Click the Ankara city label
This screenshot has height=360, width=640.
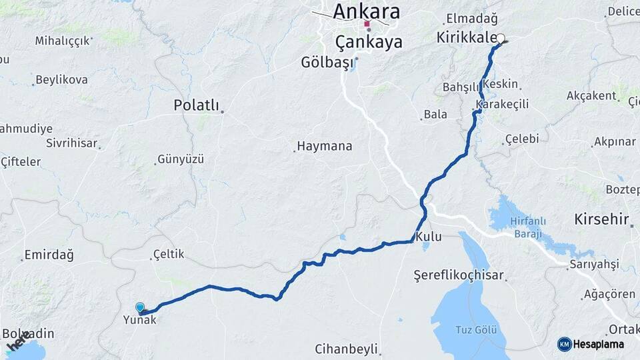366,11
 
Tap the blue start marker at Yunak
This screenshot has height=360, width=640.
140,307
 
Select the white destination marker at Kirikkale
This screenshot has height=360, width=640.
501,39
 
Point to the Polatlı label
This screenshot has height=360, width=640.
196,105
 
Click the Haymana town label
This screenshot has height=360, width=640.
325,145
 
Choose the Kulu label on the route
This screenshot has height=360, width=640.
428,237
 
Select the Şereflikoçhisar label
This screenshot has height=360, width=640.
459,275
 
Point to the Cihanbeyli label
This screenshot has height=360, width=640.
347,349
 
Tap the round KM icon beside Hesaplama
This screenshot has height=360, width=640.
565,344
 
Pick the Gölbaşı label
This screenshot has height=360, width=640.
325,63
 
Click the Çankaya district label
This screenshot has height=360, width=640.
369,43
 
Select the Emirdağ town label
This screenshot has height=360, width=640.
49,255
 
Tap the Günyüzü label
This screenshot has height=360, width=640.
181,160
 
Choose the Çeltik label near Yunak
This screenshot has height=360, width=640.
168,254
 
